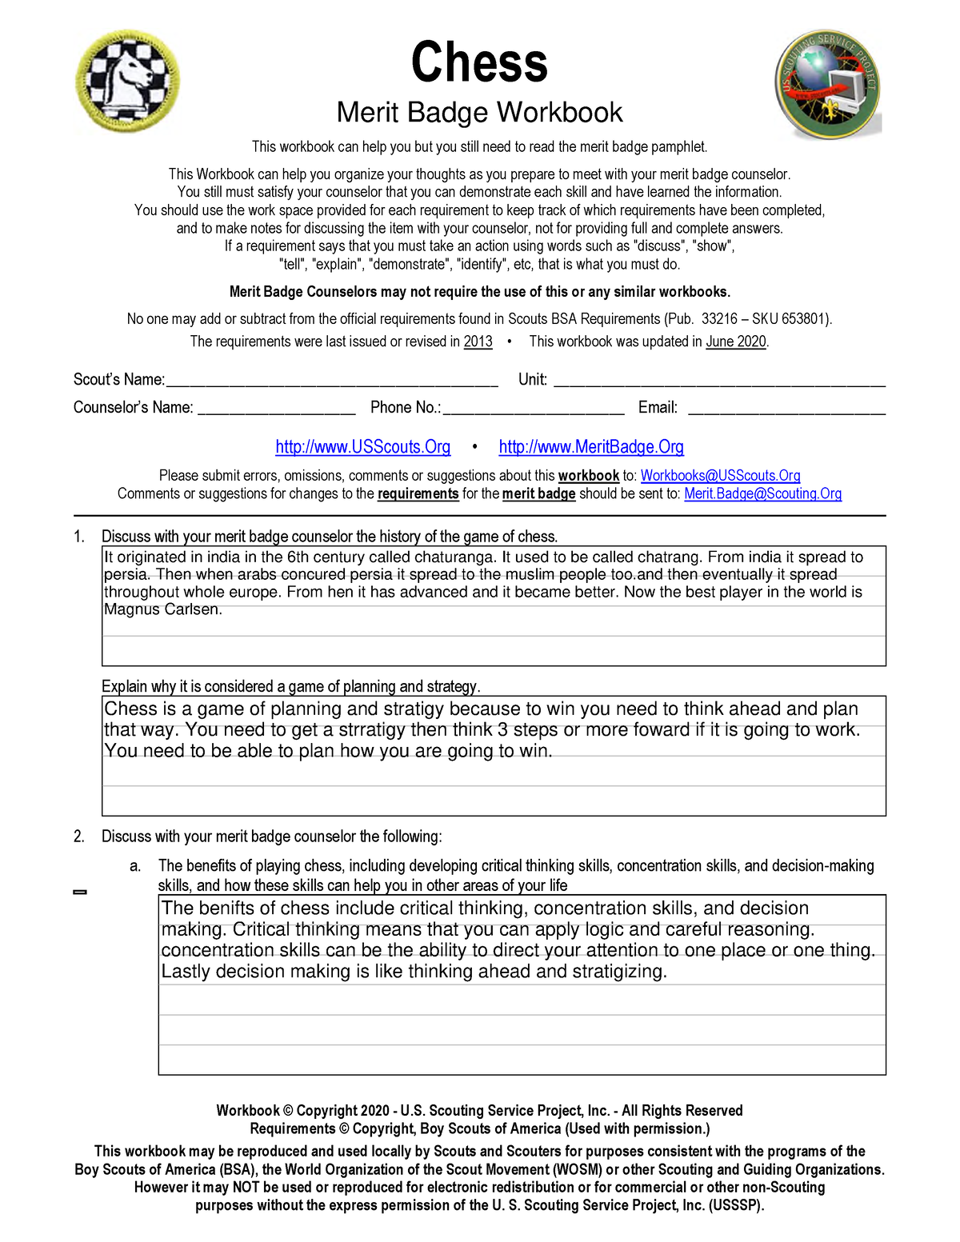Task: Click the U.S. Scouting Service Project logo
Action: pos(828,85)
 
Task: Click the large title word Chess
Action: pos(479,62)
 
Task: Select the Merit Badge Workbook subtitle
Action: pos(479,113)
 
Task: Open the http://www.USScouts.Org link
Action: pos(362,447)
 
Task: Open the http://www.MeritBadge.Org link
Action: pos(591,447)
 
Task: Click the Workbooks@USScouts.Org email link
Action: pos(720,476)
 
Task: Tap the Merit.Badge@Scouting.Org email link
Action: pos(762,494)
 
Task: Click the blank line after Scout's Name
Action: pos(332,381)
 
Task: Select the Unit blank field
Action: pos(719,381)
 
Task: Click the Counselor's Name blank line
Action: pos(276,409)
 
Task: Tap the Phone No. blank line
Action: pos(534,409)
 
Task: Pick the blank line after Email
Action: pos(786,409)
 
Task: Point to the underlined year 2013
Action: pos(478,341)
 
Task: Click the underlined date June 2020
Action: pos(736,341)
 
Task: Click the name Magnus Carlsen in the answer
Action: pos(162,609)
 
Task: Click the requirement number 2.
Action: pos(78,837)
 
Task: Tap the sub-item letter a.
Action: pos(135,866)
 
